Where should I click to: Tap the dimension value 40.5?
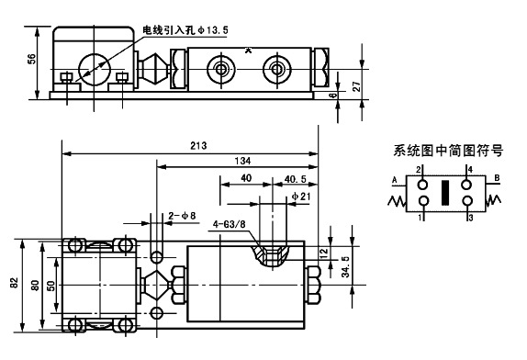coord(295,178)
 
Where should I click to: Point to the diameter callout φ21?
coord(300,197)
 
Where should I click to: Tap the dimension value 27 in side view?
coord(355,86)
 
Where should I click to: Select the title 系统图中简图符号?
coord(440,150)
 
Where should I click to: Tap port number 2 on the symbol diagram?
coord(420,170)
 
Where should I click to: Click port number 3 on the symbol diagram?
coord(468,217)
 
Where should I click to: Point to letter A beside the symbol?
coord(393,179)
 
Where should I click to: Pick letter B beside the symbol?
coord(497,179)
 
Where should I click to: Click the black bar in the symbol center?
coord(445,193)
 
